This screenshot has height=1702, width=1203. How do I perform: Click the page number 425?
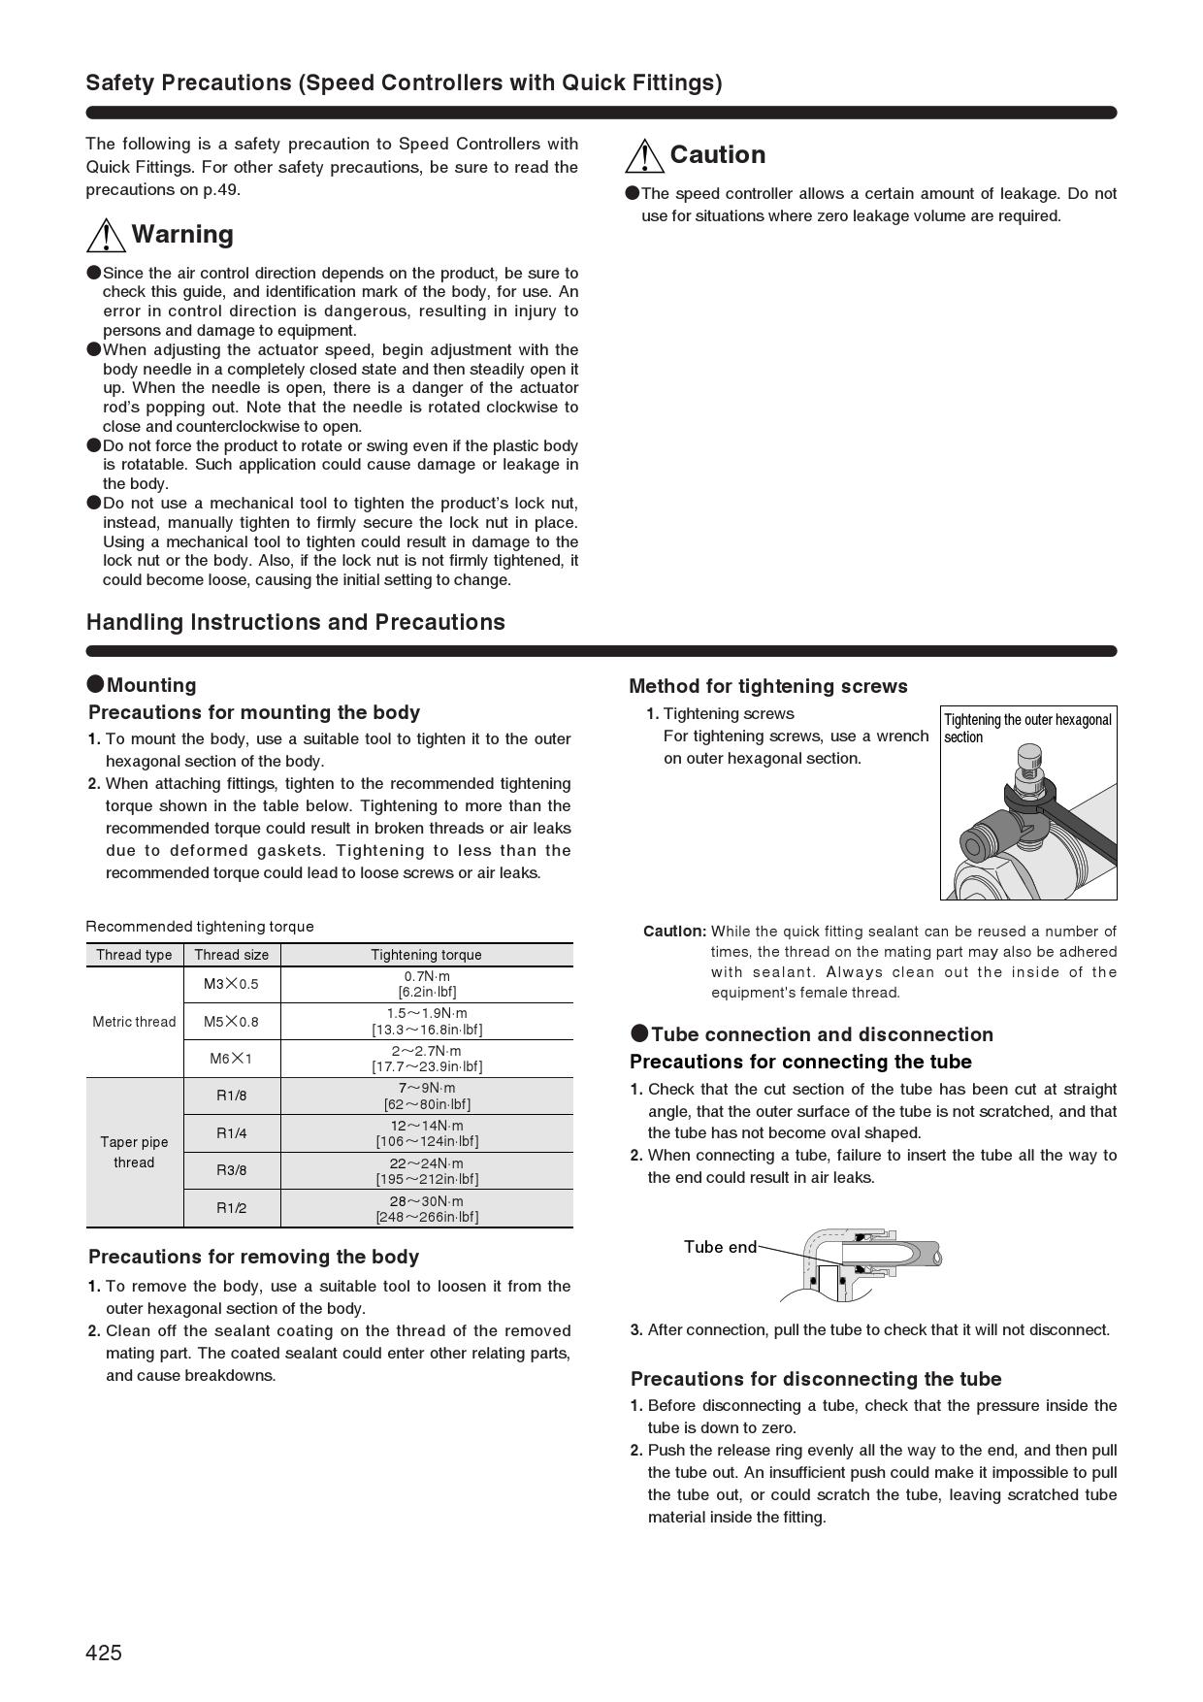point(104,1653)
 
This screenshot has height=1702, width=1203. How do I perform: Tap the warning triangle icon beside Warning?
point(106,235)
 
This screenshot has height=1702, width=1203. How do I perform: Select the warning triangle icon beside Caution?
point(645,155)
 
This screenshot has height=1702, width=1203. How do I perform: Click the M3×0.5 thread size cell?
point(231,984)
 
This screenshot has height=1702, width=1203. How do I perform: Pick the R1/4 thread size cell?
point(231,1133)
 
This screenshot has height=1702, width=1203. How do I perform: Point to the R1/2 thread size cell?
point(231,1208)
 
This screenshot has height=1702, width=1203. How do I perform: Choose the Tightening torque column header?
point(426,955)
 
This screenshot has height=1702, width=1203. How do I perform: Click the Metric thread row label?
point(134,1022)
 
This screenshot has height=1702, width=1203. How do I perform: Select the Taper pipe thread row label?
point(134,1152)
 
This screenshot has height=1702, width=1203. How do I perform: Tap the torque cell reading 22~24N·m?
point(427,1170)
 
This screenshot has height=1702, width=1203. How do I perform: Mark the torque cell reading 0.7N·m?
point(427,984)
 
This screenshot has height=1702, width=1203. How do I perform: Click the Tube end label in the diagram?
point(720,1247)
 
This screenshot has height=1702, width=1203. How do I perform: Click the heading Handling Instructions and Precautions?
point(296,622)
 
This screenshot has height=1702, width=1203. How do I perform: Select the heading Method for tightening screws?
point(768,686)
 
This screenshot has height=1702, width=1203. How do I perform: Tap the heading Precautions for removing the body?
point(253,1257)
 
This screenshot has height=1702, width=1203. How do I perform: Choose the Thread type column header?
point(134,955)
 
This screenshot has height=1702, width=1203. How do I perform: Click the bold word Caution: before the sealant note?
point(674,932)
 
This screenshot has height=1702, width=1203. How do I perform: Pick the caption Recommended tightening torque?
point(200,927)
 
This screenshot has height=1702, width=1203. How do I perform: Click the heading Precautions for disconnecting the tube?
point(816,1379)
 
